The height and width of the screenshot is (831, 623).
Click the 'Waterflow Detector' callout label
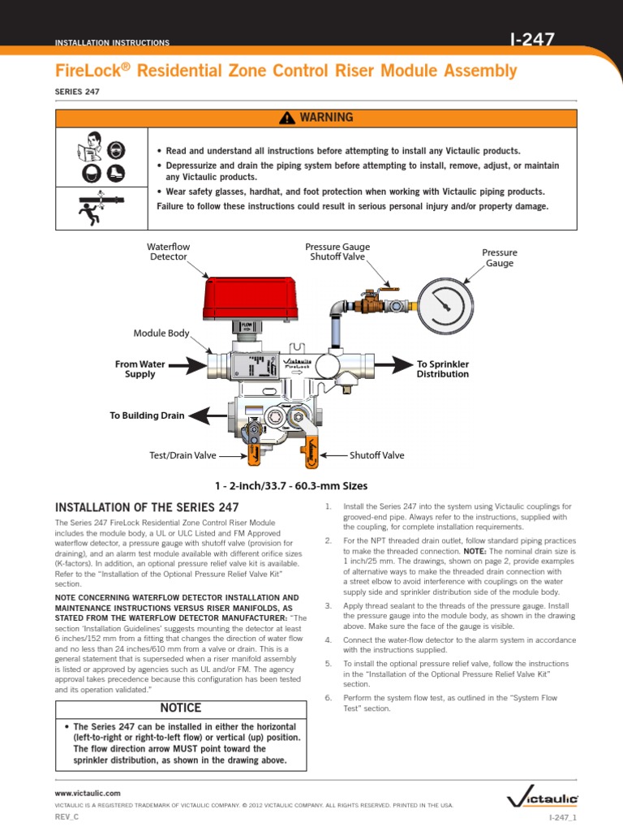(166, 251)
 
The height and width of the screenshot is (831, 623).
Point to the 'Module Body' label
(161, 333)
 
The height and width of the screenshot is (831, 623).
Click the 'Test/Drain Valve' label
(183, 455)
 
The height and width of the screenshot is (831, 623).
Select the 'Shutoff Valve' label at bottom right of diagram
(376, 455)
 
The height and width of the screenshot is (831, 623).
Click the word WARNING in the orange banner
(326, 118)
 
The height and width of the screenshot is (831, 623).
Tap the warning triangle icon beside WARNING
(285, 118)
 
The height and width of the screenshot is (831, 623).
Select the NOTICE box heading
(182, 708)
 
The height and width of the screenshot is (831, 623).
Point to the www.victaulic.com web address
(88, 792)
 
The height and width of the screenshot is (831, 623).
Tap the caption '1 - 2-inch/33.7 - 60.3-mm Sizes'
(290, 486)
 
